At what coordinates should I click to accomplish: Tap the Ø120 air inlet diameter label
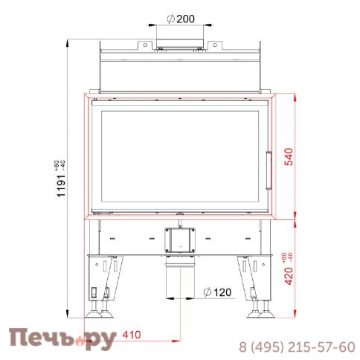[x=217, y=292]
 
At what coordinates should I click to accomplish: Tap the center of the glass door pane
[x=179, y=158]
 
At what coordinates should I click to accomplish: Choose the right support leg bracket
[x=253, y=279]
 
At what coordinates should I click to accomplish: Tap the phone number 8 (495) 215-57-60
[x=296, y=347]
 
